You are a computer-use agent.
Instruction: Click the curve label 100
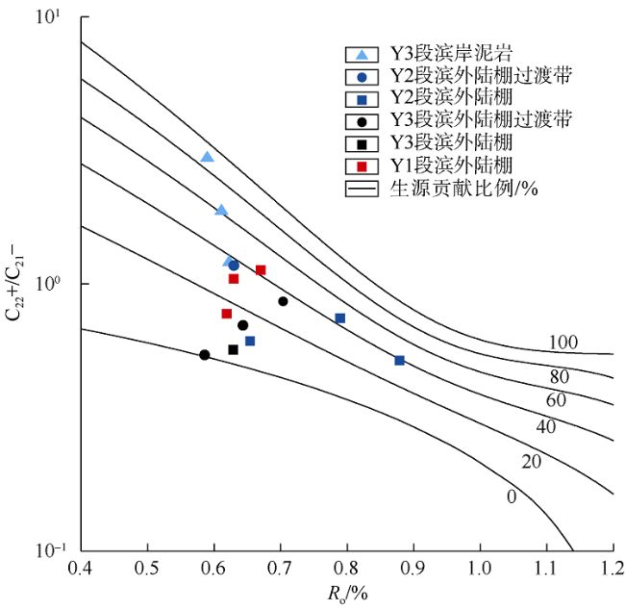pyautogui.click(x=563, y=343)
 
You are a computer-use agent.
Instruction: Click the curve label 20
pyautogui.click(x=532, y=463)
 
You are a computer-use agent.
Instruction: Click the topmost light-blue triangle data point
pyautogui.click(x=207, y=157)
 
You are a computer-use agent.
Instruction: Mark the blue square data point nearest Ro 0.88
pyautogui.click(x=399, y=361)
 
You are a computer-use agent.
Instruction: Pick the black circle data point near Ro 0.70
pyautogui.click(x=283, y=301)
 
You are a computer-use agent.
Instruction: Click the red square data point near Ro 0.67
pyautogui.click(x=261, y=270)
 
